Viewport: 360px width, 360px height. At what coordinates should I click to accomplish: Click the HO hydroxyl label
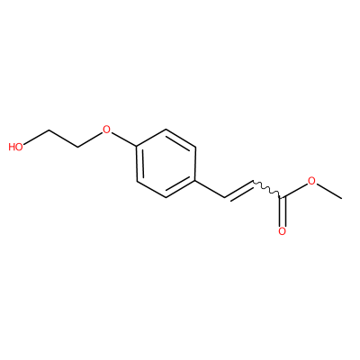pyautogui.click(x=16, y=147)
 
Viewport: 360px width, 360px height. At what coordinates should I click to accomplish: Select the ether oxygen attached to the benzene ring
pyautogui.click(x=106, y=130)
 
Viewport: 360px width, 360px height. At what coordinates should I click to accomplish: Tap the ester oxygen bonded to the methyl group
pyautogui.click(x=312, y=181)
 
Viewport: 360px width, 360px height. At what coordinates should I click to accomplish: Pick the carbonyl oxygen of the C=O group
pyautogui.click(x=283, y=231)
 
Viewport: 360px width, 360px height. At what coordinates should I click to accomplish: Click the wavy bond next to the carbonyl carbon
pyautogui.click(x=267, y=189)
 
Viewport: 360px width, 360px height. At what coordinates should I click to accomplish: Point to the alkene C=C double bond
pyautogui.click(x=239, y=190)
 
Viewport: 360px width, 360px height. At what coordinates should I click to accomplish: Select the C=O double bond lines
pyautogui.click(x=283, y=211)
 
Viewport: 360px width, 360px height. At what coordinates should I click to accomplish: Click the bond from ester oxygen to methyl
pyautogui.click(x=329, y=191)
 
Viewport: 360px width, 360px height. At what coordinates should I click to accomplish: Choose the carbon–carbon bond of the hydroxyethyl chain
pyautogui.click(x=63, y=139)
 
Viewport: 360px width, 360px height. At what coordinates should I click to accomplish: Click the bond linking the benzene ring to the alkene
pyautogui.click(x=210, y=189)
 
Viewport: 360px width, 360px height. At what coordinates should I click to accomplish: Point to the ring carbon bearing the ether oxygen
pyautogui.click(x=137, y=147)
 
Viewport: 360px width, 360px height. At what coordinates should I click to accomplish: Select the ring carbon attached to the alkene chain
pyautogui.click(x=195, y=181)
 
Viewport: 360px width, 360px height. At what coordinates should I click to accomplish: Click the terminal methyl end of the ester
pyautogui.click(x=342, y=198)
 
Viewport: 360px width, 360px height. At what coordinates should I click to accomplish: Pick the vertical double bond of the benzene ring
pyautogui.click(x=139, y=164)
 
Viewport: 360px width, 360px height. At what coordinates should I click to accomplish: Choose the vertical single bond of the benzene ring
pyautogui.click(x=195, y=164)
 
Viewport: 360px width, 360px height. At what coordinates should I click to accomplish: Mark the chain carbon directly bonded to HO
pyautogui.click(x=49, y=130)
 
